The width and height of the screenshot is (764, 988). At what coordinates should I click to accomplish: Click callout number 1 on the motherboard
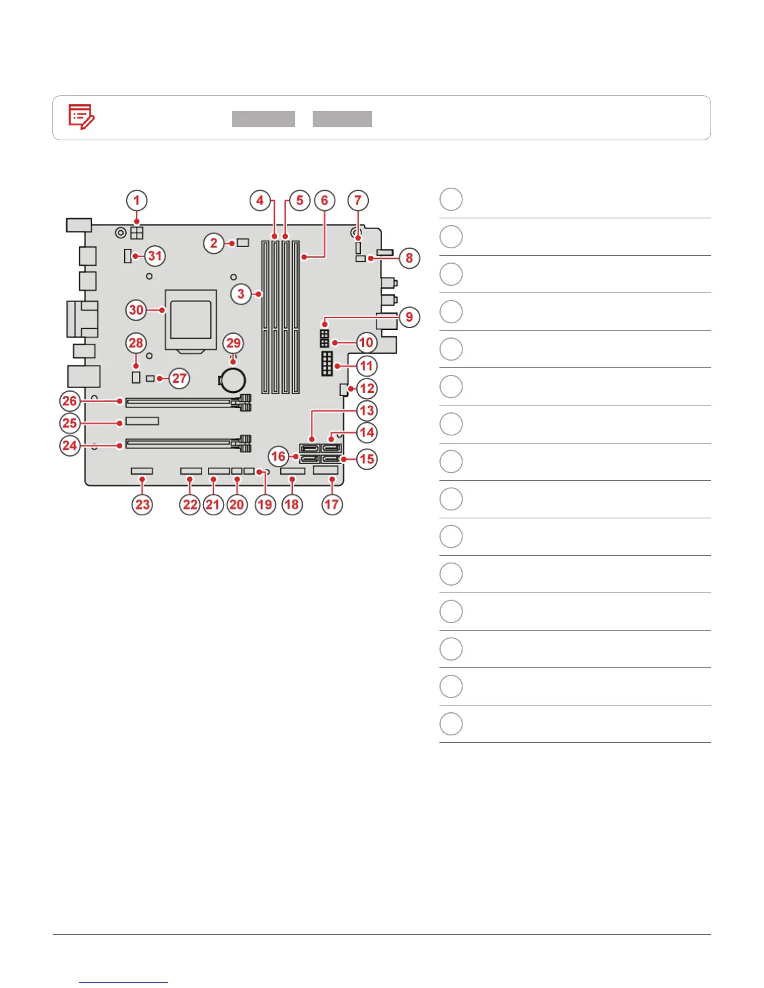coord(137,201)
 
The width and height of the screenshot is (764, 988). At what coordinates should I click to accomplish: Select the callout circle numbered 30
coord(136,309)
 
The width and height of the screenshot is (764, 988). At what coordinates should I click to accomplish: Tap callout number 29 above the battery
coord(233,343)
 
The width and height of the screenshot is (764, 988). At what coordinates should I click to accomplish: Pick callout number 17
coord(331,504)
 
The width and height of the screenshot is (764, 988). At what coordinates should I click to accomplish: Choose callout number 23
coord(143,504)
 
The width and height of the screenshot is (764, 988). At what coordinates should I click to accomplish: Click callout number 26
coord(70,400)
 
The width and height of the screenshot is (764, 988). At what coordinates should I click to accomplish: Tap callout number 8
coord(409,258)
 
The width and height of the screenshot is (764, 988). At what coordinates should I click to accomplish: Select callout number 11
coord(366,366)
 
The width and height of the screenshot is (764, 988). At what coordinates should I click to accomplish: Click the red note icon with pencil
coord(81,117)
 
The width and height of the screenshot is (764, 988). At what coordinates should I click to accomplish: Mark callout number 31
coord(155,256)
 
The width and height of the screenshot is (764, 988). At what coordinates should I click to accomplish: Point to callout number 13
coord(366,410)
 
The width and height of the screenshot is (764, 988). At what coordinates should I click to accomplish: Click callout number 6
coord(325,201)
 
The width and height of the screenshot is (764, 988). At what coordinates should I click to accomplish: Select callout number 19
coord(265,504)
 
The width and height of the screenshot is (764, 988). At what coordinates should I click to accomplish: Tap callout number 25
coord(70,423)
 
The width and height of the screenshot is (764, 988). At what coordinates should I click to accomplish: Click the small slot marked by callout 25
coord(142,421)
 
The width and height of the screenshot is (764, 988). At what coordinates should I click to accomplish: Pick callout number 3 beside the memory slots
coord(241,293)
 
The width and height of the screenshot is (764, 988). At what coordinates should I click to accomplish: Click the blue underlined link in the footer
coord(124,982)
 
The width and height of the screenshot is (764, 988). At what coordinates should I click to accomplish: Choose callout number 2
coord(214,243)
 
